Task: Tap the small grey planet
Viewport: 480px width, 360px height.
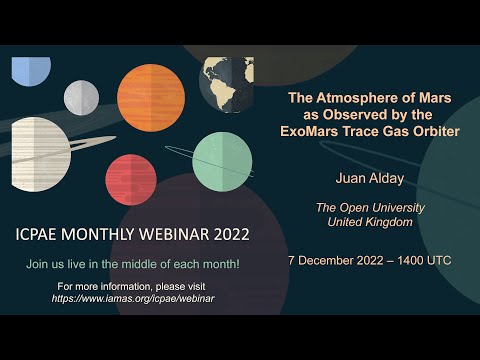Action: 81,97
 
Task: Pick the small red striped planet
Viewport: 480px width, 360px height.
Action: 131,180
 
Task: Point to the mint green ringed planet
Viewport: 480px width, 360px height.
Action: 222,160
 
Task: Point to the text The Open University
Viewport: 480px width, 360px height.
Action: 370,207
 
